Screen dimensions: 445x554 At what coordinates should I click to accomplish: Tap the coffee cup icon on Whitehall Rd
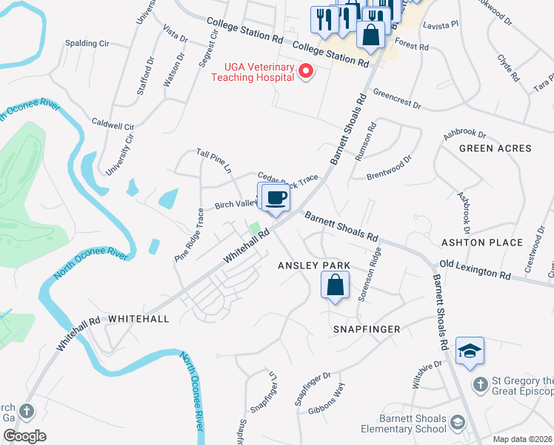(x=274, y=197)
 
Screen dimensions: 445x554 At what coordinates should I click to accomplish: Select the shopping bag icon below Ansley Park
(x=336, y=284)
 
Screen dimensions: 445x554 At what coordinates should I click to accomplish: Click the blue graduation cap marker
(x=470, y=352)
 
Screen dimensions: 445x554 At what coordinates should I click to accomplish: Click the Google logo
(x=24, y=435)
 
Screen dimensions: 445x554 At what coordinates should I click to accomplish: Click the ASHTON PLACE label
(x=483, y=243)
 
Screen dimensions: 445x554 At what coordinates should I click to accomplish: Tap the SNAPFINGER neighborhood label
(x=366, y=329)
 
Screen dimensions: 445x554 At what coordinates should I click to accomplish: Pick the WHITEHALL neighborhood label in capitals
(x=138, y=318)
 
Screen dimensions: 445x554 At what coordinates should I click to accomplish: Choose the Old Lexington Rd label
(x=475, y=268)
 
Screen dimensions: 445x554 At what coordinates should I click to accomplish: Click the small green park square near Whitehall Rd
(x=255, y=228)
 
